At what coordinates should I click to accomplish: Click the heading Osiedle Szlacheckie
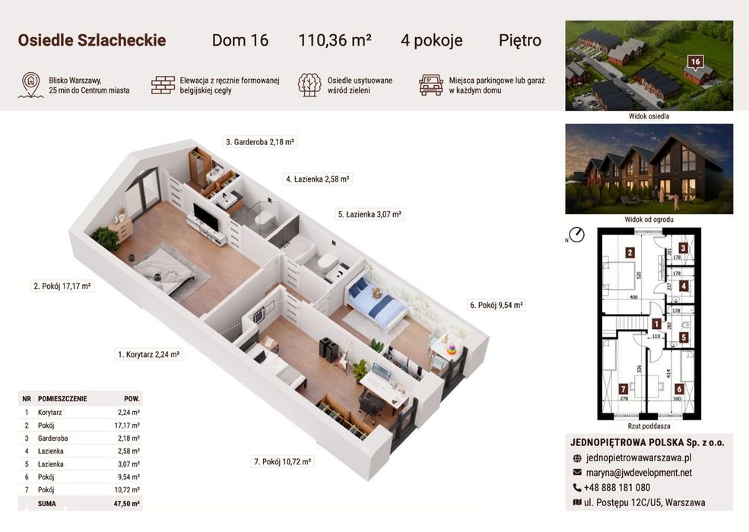[92, 40]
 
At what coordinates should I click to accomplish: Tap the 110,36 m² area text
[335, 40]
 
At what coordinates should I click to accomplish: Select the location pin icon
[31, 85]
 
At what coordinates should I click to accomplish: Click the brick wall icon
[163, 85]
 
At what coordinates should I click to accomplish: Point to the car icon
[431, 85]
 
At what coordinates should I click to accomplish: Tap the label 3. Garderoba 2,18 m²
[260, 142]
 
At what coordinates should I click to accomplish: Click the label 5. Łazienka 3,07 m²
[370, 214]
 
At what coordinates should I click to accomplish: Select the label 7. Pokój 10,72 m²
[282, 462]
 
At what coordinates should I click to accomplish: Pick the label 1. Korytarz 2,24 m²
[148, 354]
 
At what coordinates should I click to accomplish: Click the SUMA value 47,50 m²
[126, 503]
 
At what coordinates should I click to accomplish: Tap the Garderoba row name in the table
[53, 438]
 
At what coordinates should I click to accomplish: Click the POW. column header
[132, 398]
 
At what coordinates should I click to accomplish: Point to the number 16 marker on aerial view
[695, 62]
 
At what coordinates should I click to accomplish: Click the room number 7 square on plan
[623, 389]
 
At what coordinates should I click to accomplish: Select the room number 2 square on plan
[630, 253]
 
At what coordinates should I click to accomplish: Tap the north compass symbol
[577, 235]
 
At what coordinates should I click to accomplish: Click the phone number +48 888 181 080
[617, 488]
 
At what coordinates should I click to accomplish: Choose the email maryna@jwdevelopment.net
[640, 473]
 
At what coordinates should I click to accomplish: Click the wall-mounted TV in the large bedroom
[206, 217]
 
